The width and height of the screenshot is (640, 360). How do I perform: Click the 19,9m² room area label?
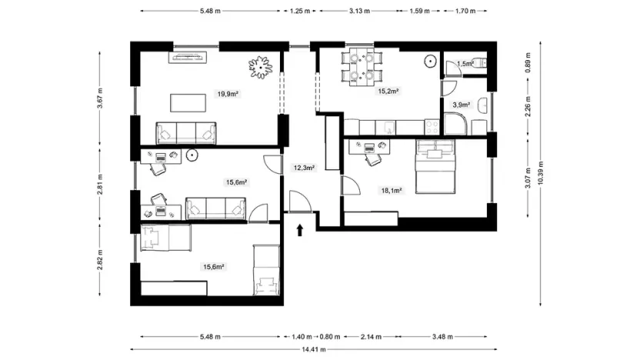click(227, 94)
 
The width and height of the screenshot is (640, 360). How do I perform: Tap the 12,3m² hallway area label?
click(305, 167)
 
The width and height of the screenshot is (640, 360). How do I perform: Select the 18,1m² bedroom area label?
click(392, 191)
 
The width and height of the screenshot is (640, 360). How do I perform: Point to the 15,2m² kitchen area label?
click(387, 91)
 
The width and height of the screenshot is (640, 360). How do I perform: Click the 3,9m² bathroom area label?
click(461, 105)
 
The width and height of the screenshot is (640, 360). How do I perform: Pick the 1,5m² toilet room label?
click(464, 64)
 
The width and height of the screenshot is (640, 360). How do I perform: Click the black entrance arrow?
click(299, 228)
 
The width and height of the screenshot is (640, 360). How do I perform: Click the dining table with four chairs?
click(361, 65)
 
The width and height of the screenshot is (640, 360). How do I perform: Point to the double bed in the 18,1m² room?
click(436, 167)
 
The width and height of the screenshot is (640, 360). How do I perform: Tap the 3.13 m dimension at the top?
click(358, 12)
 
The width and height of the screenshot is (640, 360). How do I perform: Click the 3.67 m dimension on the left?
click(100, 102)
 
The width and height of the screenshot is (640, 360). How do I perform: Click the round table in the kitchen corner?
click(430, 60)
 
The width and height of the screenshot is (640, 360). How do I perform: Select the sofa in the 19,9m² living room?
click(187, 133)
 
